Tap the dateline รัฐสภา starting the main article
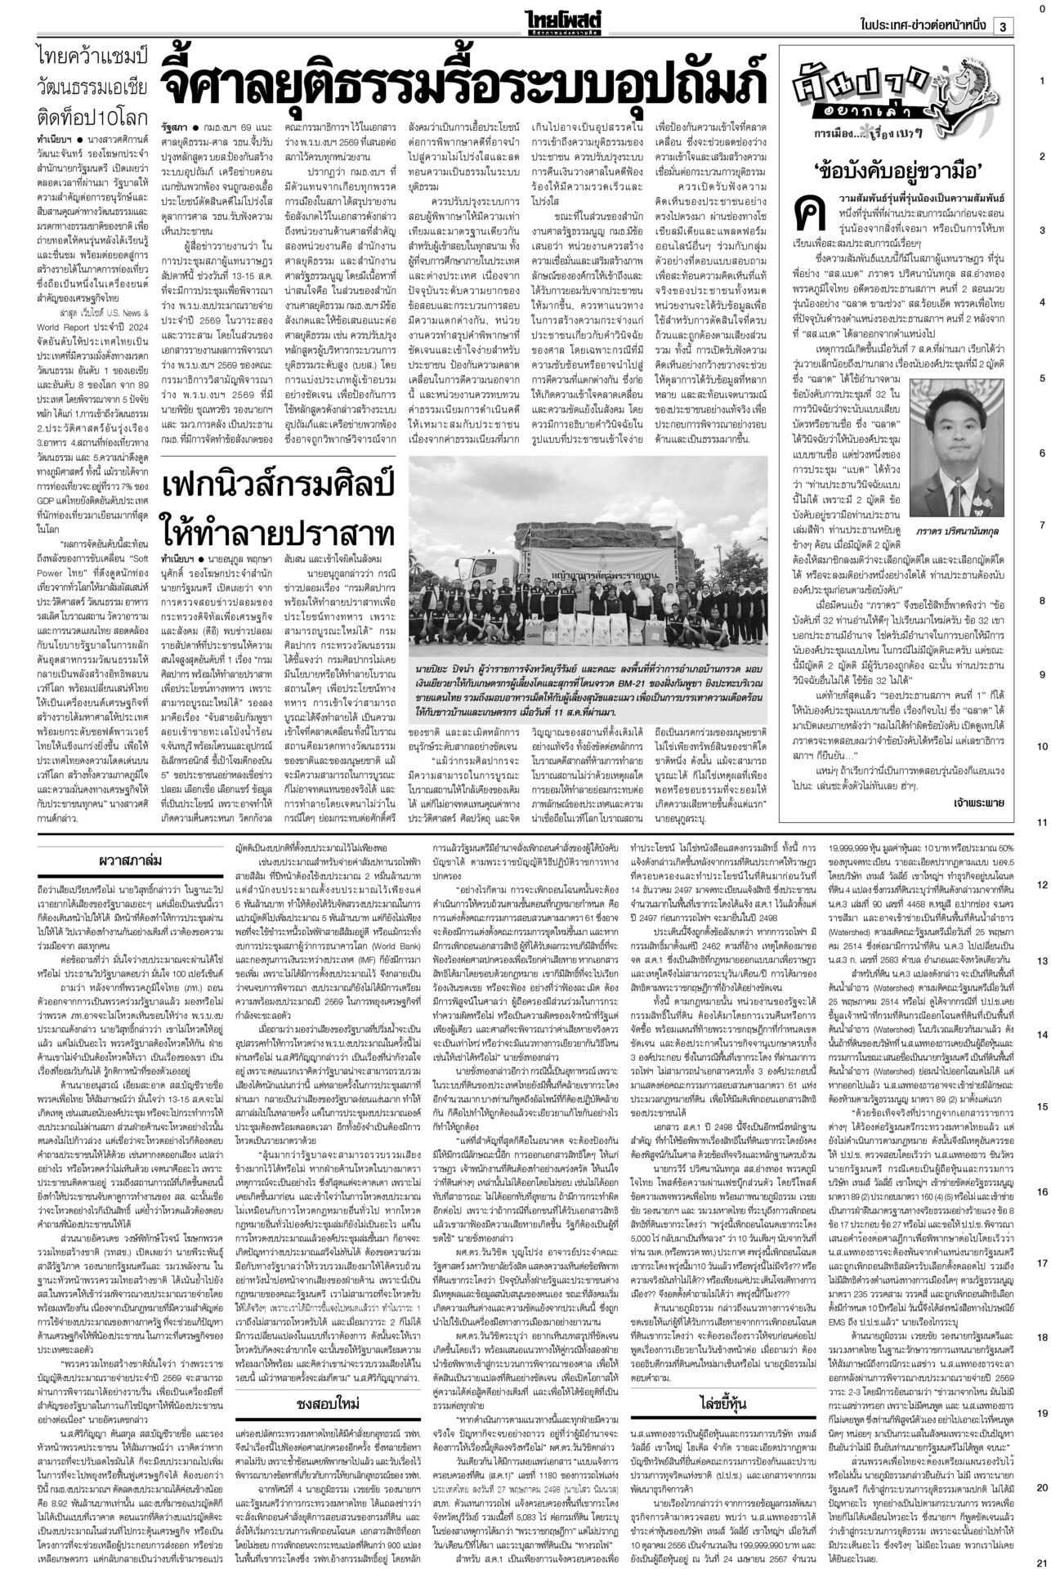point(174,129)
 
